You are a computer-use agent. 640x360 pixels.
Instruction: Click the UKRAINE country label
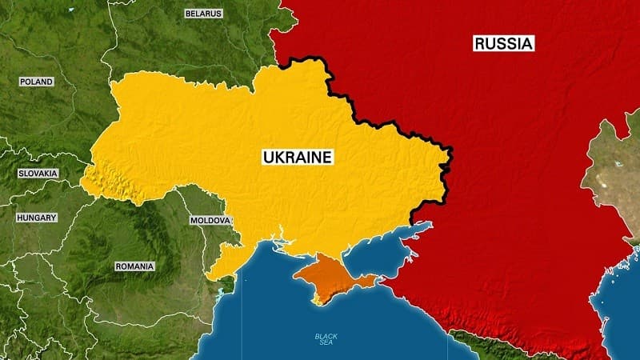coord(298,158)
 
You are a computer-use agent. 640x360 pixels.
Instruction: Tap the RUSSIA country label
coord(503,43)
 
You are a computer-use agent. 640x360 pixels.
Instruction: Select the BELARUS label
coord(203,14)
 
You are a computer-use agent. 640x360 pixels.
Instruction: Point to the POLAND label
coord(36,82)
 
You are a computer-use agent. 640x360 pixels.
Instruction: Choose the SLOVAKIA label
coord(38,173)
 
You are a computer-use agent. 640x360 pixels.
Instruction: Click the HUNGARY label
coord(37,217)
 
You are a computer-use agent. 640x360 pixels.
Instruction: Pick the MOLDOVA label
coord(210,220)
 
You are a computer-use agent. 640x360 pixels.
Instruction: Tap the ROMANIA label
coord(134,266)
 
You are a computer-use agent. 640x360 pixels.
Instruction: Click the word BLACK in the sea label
coord(326,336)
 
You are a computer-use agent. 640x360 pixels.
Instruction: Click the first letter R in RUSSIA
coord(479,43)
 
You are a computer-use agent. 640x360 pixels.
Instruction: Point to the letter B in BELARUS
coord(189,14)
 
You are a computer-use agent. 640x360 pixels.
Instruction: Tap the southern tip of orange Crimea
coord(317,302)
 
